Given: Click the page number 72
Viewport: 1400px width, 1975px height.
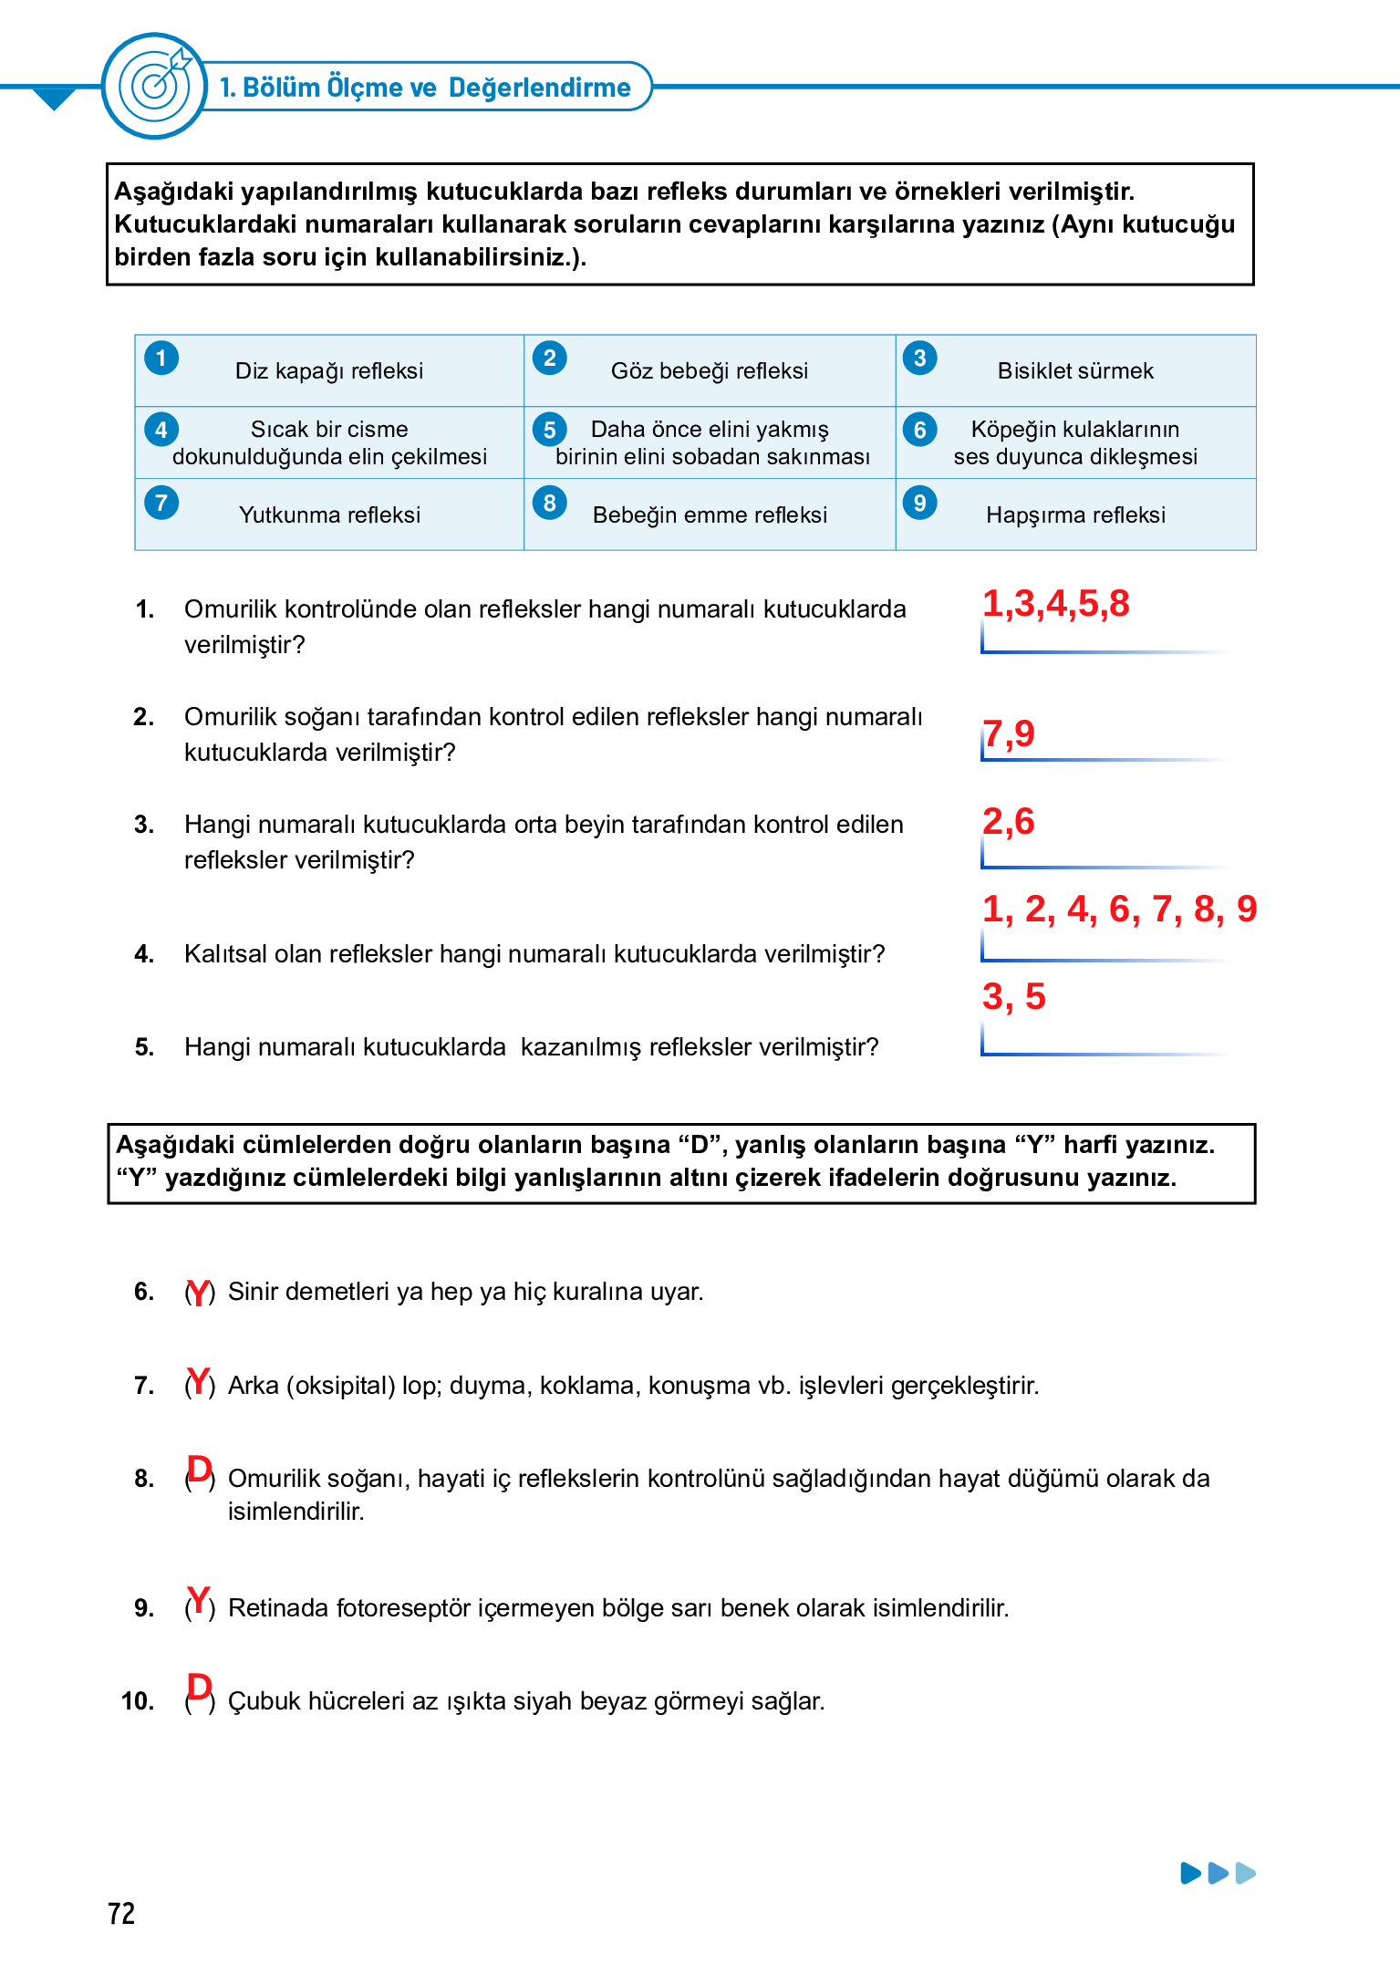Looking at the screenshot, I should [x=120, y=1913].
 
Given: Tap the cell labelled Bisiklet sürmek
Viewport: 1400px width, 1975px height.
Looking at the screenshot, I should [x=1074, y=370].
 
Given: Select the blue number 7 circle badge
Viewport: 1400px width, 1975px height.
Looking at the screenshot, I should [x=161, y=503].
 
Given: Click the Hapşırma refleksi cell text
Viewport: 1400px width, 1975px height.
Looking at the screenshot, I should [x=1074, y=515].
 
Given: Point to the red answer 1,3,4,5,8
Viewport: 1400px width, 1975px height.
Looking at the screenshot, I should [x=1055, y=604].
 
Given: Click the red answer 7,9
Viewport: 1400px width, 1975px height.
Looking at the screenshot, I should [x=1008, y=733].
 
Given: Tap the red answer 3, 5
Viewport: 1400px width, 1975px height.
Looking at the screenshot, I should [x=1013, y=996].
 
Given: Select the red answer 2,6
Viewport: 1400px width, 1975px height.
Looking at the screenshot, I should [x=1008, y=821].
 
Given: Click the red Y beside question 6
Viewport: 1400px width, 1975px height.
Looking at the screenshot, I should [x=199, y=1292].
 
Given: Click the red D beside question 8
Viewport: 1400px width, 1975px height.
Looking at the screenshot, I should [x=199, y=1470].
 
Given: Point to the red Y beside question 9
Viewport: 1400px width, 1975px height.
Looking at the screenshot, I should [x=199, y=1600].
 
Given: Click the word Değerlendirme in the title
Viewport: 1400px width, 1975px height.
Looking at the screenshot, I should [x=539, y=88].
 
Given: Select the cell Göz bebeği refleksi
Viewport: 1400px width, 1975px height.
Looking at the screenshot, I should [x=709, y=370].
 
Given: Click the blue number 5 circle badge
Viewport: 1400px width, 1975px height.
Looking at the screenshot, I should [x=550, y=430].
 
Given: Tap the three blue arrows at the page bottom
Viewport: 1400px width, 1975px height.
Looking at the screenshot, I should [x=1218, y=1873].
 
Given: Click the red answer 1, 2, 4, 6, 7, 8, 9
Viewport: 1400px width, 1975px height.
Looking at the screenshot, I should [x=1119, y=909].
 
